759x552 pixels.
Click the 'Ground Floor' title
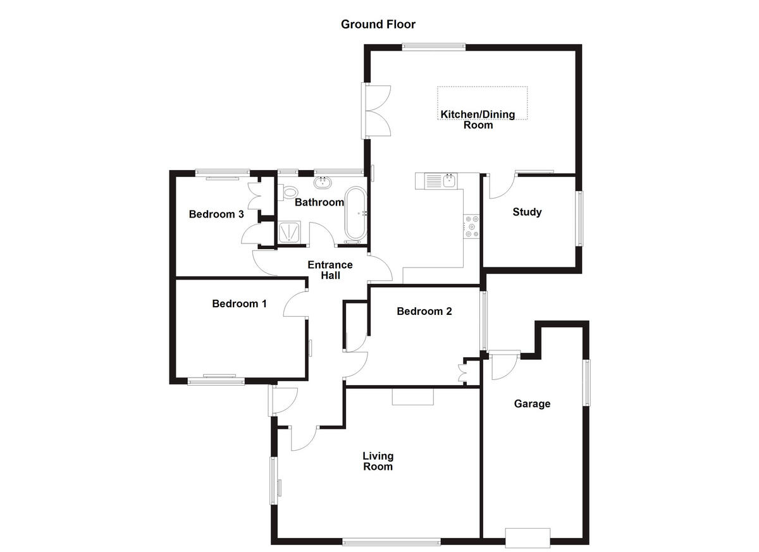(378, 25)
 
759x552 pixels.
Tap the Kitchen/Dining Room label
(478, 120)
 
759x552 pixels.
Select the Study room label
(527, 212)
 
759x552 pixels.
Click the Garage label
(532, 403)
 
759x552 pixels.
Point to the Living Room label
(378, 461)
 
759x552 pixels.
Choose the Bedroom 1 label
(239, 304)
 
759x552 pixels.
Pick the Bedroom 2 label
(424, 311)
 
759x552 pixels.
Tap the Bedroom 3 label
(216, 214)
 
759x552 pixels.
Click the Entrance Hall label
(330, 270)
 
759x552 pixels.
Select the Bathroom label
(319, 202)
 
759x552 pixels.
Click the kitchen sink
(450, 181)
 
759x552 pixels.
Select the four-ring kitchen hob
(472, 226)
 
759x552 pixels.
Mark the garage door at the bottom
(528, 537)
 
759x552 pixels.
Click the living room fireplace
(412, 396)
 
